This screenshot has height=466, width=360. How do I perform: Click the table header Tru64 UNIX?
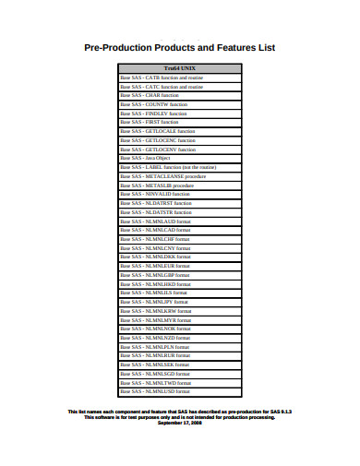coord(179,69)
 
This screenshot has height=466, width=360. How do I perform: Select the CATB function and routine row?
coord(162,78)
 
